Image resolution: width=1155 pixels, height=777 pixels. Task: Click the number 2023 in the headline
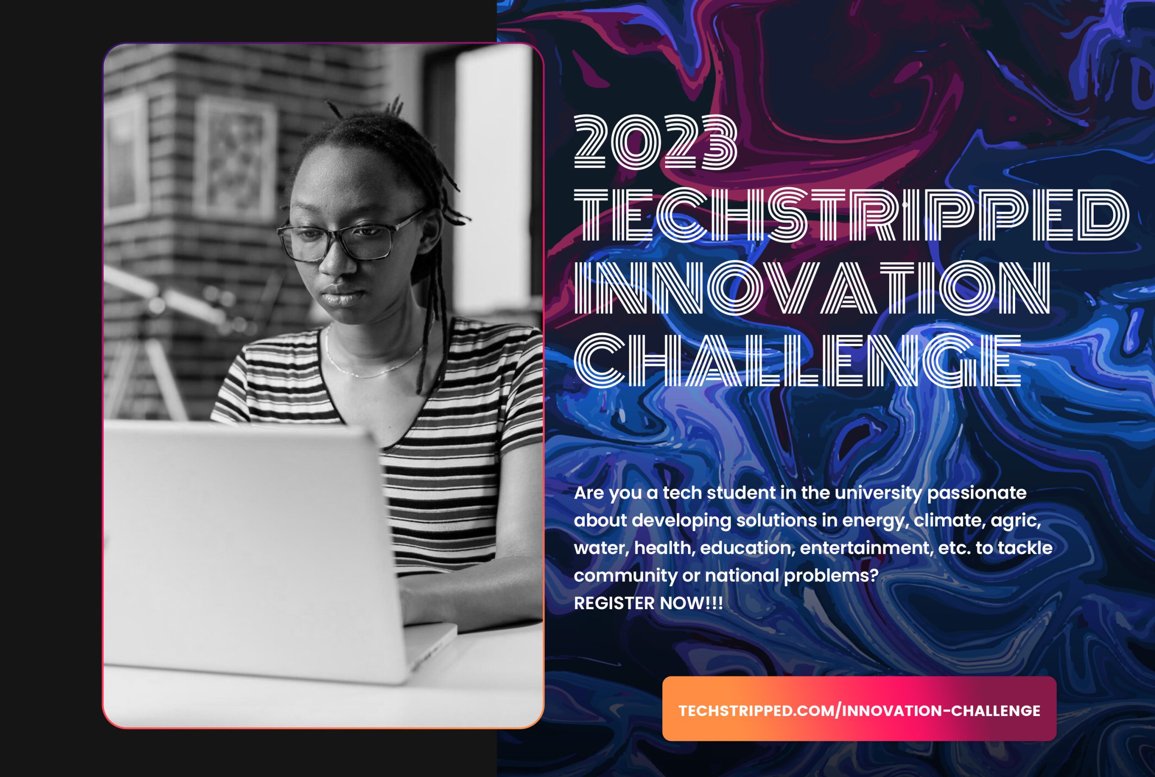click(x=655, y=142)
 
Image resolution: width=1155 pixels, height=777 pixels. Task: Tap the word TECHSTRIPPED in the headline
click(x=850, y=215)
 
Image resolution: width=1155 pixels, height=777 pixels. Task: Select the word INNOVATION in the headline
click(x=811, y=288)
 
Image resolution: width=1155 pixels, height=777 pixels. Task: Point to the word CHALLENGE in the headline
click(x=797, y=360)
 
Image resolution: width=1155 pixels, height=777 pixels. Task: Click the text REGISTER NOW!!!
click(x=648, y=604)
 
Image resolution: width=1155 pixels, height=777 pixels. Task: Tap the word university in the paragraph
click(x=878, y=493)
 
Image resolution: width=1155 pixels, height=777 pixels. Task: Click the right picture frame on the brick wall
click(x=236, y=158)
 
